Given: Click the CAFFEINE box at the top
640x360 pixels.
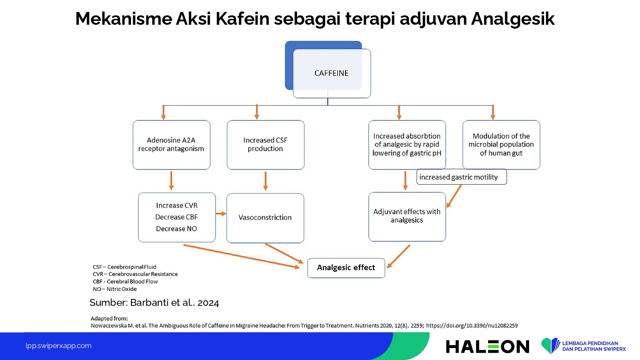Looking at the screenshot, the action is pos(332,73).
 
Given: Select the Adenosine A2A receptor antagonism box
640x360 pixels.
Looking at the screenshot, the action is pos(172,145).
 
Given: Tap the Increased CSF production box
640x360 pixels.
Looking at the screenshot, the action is pos(265,145).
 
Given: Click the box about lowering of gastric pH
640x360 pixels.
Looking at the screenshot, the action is pos(407,145).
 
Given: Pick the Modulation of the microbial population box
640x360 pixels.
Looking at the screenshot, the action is pos(501,145).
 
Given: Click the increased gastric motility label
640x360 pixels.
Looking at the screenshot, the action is pos(461,177).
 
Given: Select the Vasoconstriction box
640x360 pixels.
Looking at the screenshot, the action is pos(265,218).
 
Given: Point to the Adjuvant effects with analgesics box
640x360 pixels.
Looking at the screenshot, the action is pos(407,217).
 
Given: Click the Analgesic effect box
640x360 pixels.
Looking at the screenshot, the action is pos(346,268).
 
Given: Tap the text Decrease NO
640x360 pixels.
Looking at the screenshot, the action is pos(176,229).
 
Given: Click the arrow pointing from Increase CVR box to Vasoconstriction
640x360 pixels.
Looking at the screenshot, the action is pos(221,214).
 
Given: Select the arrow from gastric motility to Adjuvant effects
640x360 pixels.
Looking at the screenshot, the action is pos(454,196).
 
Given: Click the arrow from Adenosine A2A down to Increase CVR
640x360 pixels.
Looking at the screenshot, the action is pos(171,181).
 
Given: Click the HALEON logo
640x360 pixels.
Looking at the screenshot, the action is pos(487,347).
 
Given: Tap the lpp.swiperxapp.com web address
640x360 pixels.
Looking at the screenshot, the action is pos(58,346).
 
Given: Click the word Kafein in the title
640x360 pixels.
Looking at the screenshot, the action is pos(242,19).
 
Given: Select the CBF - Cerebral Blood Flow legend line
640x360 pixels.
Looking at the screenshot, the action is pos(125,282).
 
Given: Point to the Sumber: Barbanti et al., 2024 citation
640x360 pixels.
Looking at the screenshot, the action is pos(154,302).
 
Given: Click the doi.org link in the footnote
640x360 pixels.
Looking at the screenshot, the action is pos(472,326).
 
